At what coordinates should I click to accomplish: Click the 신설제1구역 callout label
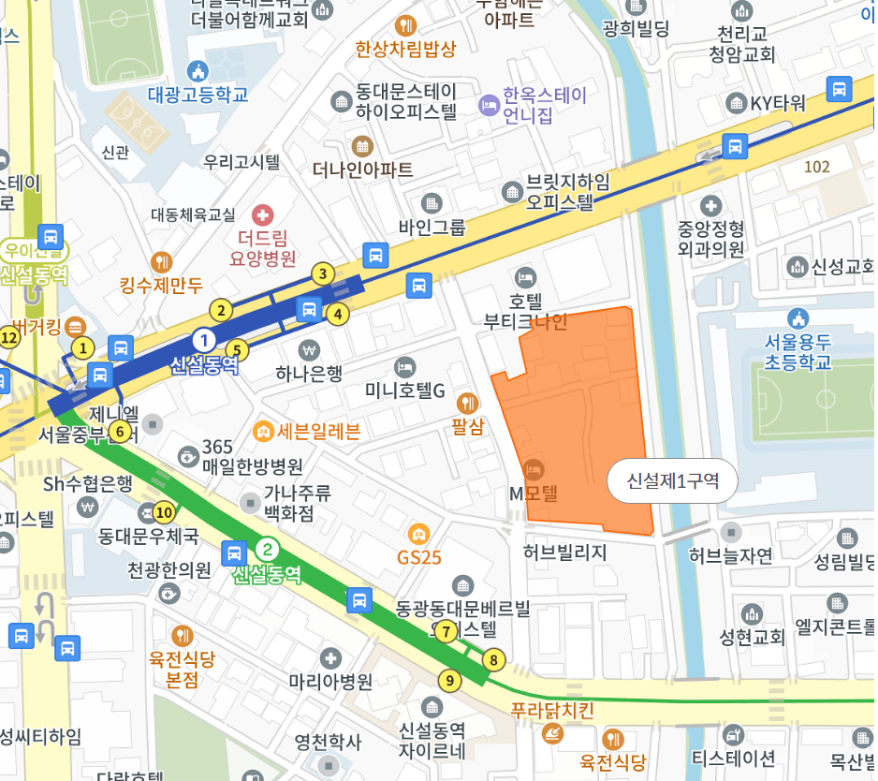point(672,481)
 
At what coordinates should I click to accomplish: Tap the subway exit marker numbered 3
point(323,273)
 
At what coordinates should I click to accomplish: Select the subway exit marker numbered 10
point(165,512)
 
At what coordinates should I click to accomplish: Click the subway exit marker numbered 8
point(493,659)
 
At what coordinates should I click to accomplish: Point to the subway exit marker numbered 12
point(9,338)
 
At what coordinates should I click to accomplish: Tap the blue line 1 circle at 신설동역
point(203,339)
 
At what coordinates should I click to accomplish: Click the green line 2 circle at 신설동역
point(267,550)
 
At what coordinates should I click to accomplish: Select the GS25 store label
point(418,557)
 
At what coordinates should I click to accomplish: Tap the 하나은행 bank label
point(309,374)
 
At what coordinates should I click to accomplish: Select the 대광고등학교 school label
point(198,95)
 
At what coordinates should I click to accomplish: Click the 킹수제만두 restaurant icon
point(162,262)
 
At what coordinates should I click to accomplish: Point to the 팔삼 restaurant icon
point(467,404)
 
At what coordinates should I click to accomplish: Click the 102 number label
point(816,167)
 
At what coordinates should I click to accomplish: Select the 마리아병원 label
point(330,681)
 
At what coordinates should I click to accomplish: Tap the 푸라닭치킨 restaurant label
point(552,710)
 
